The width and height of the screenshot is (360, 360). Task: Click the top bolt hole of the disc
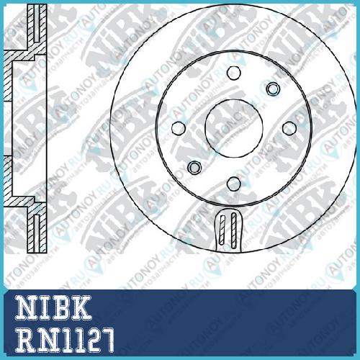[x=234, y=73]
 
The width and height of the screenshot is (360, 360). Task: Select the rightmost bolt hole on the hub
[x=289, y=128]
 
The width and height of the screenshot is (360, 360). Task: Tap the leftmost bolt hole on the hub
[x=179, y=128]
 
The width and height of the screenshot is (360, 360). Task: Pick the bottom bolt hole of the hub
[x=234, y=184]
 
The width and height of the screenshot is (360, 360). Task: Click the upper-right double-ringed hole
[x=273, y=89]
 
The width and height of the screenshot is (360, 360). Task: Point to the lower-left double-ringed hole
[x=194, y=167]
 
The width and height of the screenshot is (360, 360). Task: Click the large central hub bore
[x=234, y=128]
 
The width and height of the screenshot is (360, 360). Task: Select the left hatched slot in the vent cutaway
[x=222, y=230]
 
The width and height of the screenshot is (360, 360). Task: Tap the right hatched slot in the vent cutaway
[x=233, y=230]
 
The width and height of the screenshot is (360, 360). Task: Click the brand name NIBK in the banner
[x=53, y=307]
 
